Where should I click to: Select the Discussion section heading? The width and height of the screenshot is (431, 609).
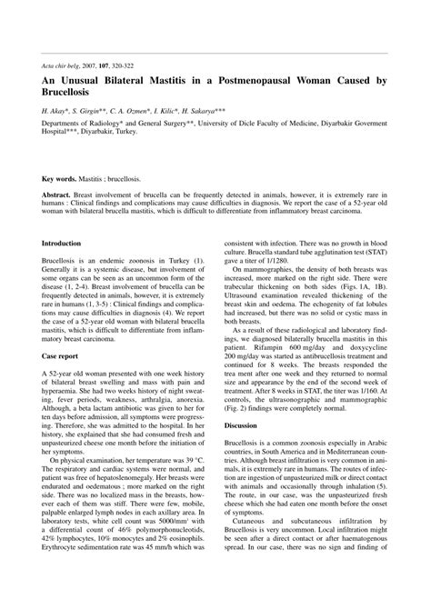pyautogui.click(x=240, y=426)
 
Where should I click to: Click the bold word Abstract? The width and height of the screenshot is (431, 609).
pyautogui.click(x=56, y=195)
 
